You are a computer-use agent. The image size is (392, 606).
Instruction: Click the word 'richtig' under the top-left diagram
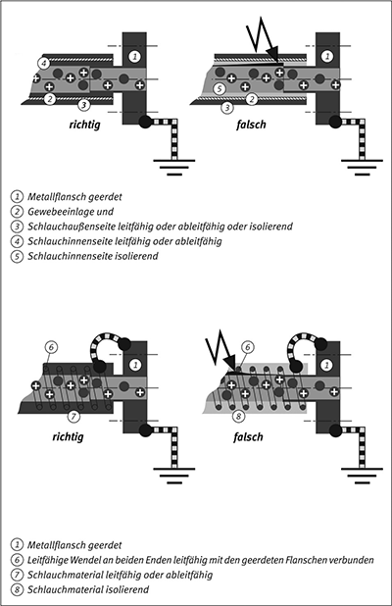pos(84,125)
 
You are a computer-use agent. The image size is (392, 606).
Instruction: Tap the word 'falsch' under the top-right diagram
pos(251,125)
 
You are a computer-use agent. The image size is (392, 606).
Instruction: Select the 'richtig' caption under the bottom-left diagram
pos(68,437)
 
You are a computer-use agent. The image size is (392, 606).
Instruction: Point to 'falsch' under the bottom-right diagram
pos(248,437)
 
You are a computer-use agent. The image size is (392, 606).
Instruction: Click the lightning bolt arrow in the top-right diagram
pos(262,38)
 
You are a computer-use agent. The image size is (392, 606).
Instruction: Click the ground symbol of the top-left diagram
pos(174,167)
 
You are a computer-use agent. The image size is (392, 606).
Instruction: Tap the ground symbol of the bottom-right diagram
pos(362,476)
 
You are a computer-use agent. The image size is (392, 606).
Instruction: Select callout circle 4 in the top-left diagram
pos(44,62)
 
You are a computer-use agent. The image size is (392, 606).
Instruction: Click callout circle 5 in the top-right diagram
pos(220,89)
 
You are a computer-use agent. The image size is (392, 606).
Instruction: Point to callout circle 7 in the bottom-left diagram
pos(73,416)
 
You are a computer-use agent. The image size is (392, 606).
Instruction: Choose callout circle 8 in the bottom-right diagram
pos(239,416)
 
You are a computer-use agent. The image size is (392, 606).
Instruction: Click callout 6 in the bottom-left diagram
pos(51,347)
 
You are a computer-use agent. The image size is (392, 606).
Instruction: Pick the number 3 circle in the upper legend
pos(17,227)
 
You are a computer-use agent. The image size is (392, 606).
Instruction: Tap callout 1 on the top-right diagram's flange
pos(327,57)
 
